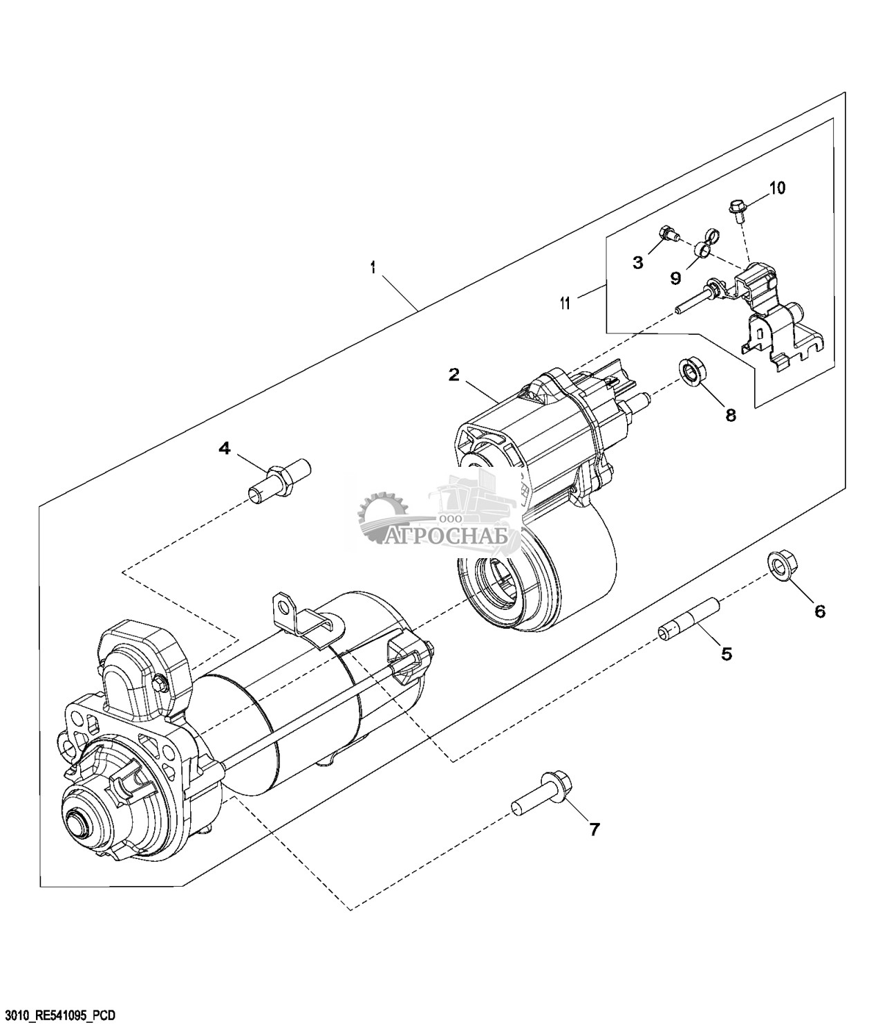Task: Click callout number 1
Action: pyautogui.click(x=373, y=268)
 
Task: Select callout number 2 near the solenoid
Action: pyautogui.click(x=454, y=375)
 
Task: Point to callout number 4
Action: pyautogui.click(x=225, y=449)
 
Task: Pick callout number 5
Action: pyautogui.click(x=726, y=654)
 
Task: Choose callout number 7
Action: pyautogui.click(x=594, y=829)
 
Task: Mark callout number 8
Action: pyautogui.click(x=731, y=415)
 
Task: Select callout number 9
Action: pyautogui.click(x=675, y=278)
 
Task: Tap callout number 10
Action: pyautogui.click(x=778, y=187)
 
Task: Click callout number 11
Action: pyautogui.click(x=566, y=303)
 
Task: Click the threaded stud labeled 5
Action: pyautogui.click(x=689, y=620)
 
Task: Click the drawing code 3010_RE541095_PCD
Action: pyautogui.click(x=58, y=1014)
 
